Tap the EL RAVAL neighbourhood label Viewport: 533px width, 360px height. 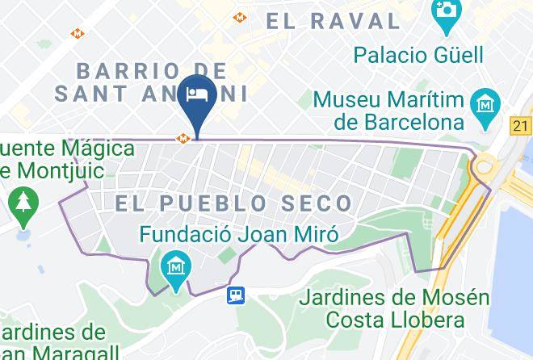pos(336,21)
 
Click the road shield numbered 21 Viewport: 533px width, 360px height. pos(521,125)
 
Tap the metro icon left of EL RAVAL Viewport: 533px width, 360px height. pos(239,17)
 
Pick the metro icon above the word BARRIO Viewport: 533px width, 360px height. pos(78,34)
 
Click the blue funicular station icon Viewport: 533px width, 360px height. pos(236,295)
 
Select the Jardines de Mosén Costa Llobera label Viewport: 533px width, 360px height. pos(394,308)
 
